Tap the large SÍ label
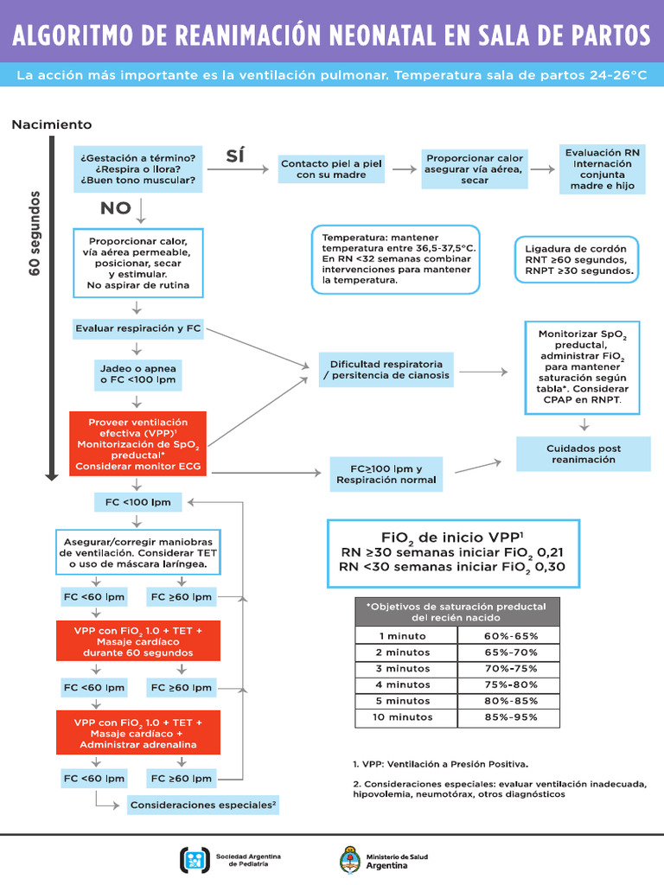tap(235, 156)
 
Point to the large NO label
tap(115, 207)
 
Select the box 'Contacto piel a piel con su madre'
tap(331, 169)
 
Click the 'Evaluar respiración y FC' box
tap(138, 328)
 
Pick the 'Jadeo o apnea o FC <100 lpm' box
tap(138, 373)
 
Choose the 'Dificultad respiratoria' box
tap(386, 370)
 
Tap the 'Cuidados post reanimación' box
tap(583, 454)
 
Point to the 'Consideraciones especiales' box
tap(203, 805)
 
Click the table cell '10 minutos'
tap(404, 717)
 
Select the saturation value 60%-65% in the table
tap(510, 635)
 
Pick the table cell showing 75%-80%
tap(510, 684)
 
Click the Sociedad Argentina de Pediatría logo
tap(195, 860)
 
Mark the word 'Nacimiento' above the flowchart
tap(51, 125)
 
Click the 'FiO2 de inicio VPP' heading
tap(452, 536)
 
